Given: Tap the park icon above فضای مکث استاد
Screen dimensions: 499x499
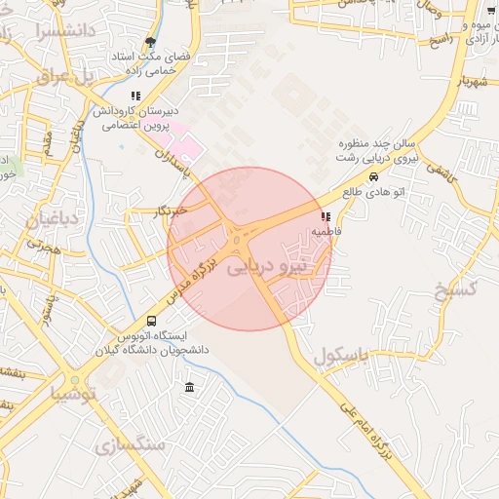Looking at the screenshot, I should click(x=149, y=42).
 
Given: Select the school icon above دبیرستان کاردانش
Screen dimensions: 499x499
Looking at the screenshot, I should click(x=134, y=96).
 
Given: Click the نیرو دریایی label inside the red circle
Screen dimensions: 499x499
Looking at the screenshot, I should click(x=266, y=265).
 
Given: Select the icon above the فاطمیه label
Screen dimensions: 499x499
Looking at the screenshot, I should click(x=325, y=216).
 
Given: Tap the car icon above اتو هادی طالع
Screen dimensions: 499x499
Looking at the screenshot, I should click(x=374, y=177).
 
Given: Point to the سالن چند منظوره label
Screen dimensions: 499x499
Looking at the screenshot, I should click(x=388, y=141).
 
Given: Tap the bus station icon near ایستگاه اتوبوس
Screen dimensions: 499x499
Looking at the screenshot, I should click(x=151, y=321).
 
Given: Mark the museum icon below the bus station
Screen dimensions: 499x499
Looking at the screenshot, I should click(x=189, y=389).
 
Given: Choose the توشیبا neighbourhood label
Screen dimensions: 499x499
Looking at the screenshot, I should click(x=74, y=394).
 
